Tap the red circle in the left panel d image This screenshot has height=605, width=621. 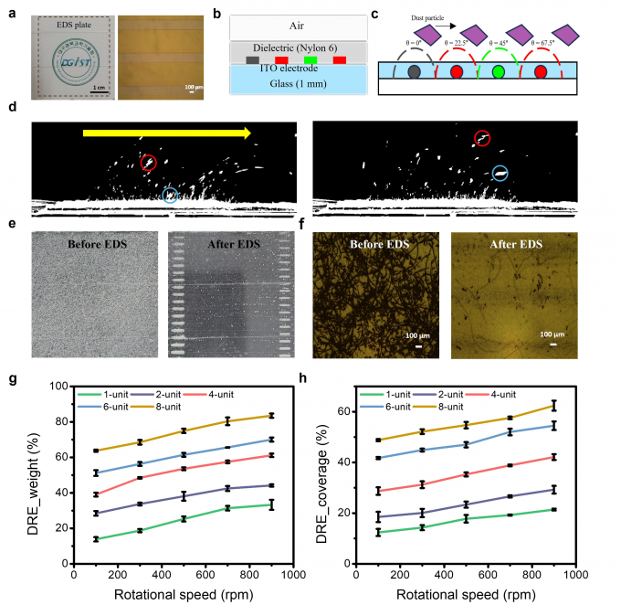point(150,164)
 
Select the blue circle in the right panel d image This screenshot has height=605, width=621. point(500,173)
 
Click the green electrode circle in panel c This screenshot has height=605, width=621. point(498,70)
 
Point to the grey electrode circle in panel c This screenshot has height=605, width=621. point(414,70)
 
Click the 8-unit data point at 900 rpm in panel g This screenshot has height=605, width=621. point(270,416)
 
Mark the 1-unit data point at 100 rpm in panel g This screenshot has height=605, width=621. point(95,539)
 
